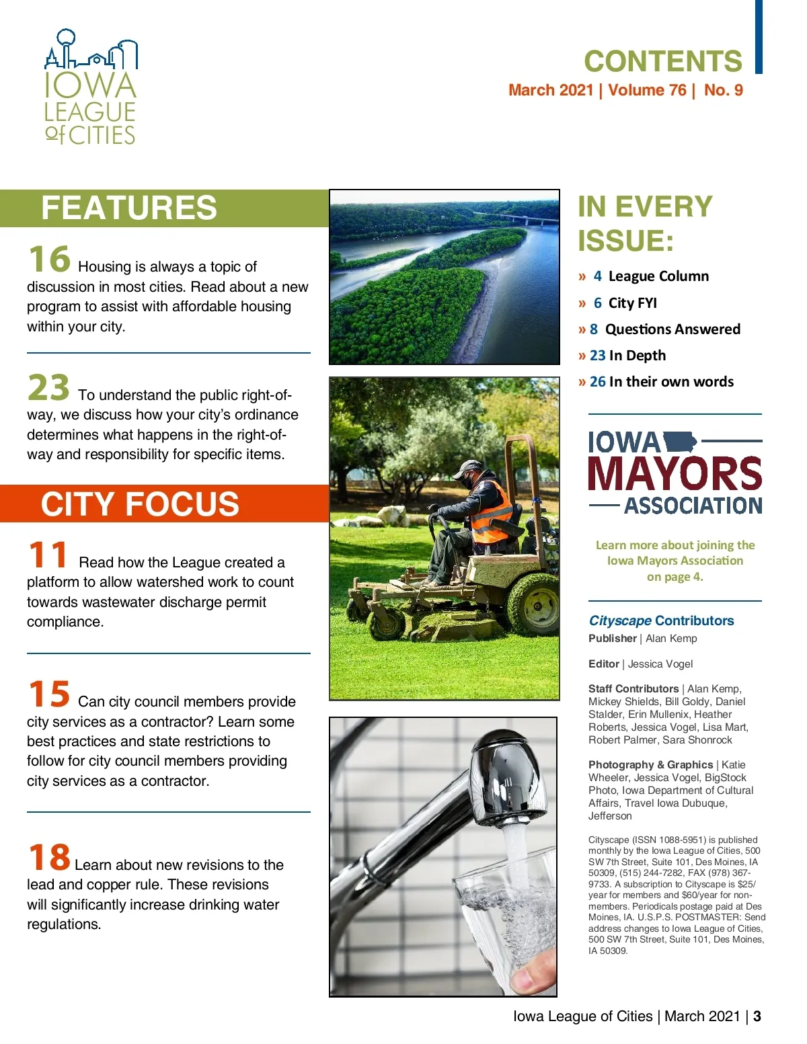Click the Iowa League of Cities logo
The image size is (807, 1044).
coord(91,87)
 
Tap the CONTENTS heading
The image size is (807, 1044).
coord(662,61)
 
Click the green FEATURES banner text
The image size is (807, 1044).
coord(129,208)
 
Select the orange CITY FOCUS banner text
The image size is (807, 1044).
coord(140,504)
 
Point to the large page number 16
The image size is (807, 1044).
coord(49,259)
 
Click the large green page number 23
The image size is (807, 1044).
coord(48,388)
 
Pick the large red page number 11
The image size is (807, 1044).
coord(48,555)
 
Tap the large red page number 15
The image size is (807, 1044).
coord(49,694)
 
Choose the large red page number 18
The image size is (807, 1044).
coord(49,857)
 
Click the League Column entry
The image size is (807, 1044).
coord(658,276)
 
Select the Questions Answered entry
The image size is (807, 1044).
coord(672,329)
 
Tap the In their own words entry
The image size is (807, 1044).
coord(670,382)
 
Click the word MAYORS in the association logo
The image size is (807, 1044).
coord(675,474)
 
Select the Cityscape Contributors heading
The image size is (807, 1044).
coord(661,620)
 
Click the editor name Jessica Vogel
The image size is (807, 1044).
coord(660,664)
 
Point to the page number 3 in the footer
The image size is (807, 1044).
coord(757,1016)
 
